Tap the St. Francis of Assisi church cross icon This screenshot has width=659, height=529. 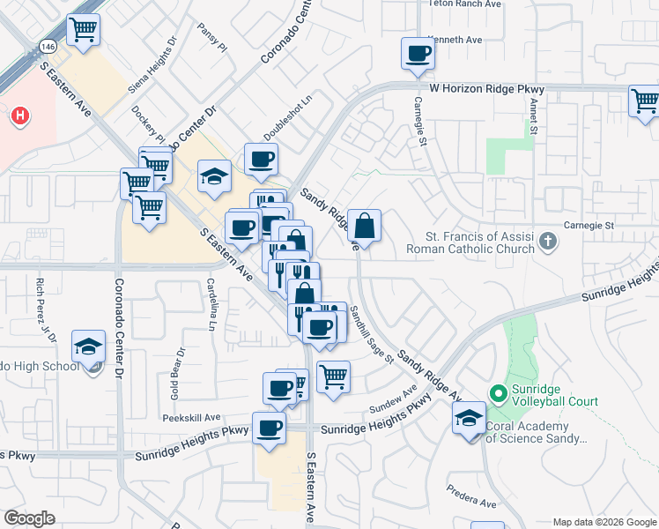(x=547, y=241)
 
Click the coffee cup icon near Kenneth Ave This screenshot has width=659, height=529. (x=418, y=54)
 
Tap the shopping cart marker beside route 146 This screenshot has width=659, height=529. (x=84, y=29)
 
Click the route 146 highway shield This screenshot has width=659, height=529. (x=48, y=45)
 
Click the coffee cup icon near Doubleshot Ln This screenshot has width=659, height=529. (x=261, y=160)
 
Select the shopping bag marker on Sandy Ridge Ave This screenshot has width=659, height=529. (x=364, y=226)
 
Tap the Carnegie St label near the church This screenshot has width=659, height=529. (x=588, y=226)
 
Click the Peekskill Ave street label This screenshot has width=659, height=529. (x=190, y=417)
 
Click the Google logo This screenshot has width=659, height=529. (x=29, y=518)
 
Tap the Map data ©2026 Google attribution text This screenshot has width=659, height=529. (x=604, y=522)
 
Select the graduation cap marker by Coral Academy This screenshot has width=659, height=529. (x=470, y=418)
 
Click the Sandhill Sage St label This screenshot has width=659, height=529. (x=370, y=334)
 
